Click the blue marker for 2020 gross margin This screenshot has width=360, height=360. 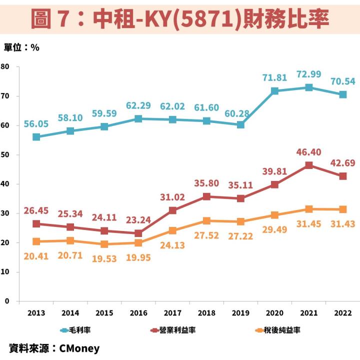[x=274, y=91]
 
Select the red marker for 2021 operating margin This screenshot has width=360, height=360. [x=309, y=165]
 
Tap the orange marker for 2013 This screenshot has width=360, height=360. [x=36, y=241]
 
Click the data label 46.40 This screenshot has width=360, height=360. [x=309, y=151]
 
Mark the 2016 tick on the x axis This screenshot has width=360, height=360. [x=138, y=313]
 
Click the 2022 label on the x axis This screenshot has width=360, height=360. [x=343, y=313]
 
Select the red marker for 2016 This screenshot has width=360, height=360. [x=138, y=233]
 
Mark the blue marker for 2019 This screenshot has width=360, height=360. [x=240, y=124]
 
